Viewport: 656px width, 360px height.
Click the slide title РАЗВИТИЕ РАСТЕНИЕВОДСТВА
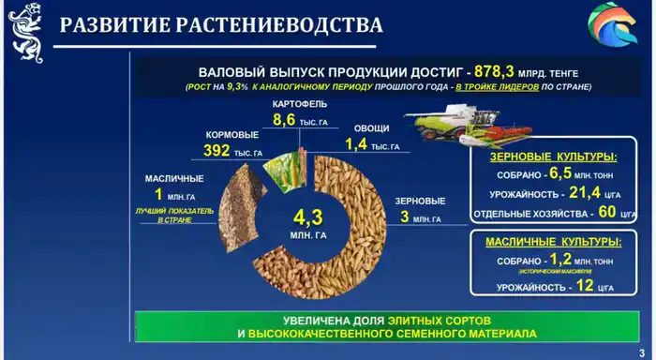point(221,25)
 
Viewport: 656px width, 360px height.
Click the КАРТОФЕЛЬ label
point(300,103)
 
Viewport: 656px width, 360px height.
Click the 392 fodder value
point(216,151)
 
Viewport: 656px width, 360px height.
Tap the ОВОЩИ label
point(372,128)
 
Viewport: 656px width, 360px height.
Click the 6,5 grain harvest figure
point(560,173)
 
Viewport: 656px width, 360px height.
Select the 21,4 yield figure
point(589,193)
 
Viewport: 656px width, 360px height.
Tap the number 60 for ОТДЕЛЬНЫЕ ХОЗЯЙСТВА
point(606,212)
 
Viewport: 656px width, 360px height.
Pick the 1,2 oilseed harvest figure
point(559,260)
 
